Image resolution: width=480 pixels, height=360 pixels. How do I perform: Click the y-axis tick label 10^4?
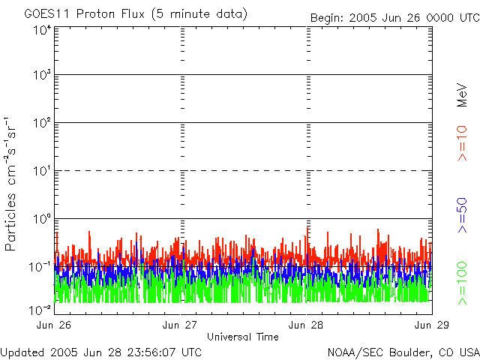[x=41, y=31]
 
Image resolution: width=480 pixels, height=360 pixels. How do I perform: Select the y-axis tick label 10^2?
[x=41, y=124]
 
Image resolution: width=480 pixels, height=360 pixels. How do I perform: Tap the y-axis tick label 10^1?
[x=41, y=172]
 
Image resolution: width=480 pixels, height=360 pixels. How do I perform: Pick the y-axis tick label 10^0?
[x=41, y=220]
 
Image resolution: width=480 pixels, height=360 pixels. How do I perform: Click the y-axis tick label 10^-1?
[x=39, y=266]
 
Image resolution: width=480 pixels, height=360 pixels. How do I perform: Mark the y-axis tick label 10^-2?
[x=39, y=310]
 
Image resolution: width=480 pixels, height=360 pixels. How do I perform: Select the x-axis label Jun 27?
[x=181, y=325]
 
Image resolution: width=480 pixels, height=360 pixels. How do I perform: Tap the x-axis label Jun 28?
[x=306, y=325]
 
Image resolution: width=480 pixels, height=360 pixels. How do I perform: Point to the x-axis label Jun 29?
[x=431, y=325]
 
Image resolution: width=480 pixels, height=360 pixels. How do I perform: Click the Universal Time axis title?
[x=243, y=337]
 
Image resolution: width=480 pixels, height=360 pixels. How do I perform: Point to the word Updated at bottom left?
[x=21, y=352]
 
